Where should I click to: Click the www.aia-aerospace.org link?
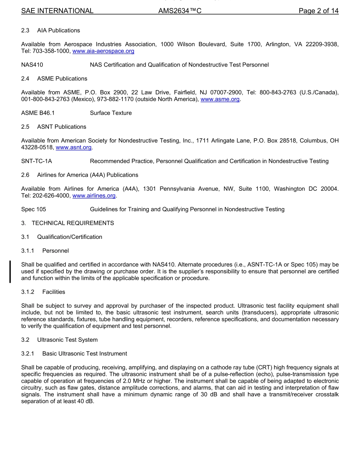pyautogui.click(x=103, y=51)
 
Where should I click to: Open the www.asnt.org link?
pyautogui.click(x=74, y=147)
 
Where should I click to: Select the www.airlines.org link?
pyautogui.click(x=94, y=196)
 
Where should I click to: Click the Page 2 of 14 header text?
pyautogui.click(x=318, y=11)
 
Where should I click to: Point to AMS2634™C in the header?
pyautogui.click(x=180, y=11)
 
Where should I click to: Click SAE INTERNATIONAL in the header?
pyautogui.click(x=57, y=11)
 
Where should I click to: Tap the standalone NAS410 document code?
pyautogui.click(x=32, y=65)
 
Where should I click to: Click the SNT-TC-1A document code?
pyautogui.click(x=37, y=161)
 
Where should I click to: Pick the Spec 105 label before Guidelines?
pyautogui.click(x=34, y=209)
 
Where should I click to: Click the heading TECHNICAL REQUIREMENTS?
pyautogui.click(x=73, y=223)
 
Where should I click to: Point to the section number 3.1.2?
pyautogui.click(x=28, y=292)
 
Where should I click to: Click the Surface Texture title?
pyautogui.click(x=111, y=113)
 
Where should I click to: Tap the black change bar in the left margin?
pyautogui.click(x=10, y=271)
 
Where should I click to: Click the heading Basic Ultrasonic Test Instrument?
pyautogui.click(x=85, y=354)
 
